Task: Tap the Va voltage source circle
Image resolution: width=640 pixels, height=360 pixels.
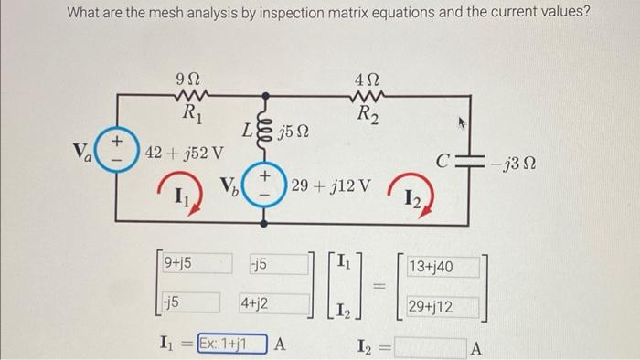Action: (117, 149)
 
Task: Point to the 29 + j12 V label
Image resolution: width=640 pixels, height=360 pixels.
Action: (330, 186)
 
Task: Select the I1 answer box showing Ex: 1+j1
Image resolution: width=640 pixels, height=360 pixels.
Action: (236, 344)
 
